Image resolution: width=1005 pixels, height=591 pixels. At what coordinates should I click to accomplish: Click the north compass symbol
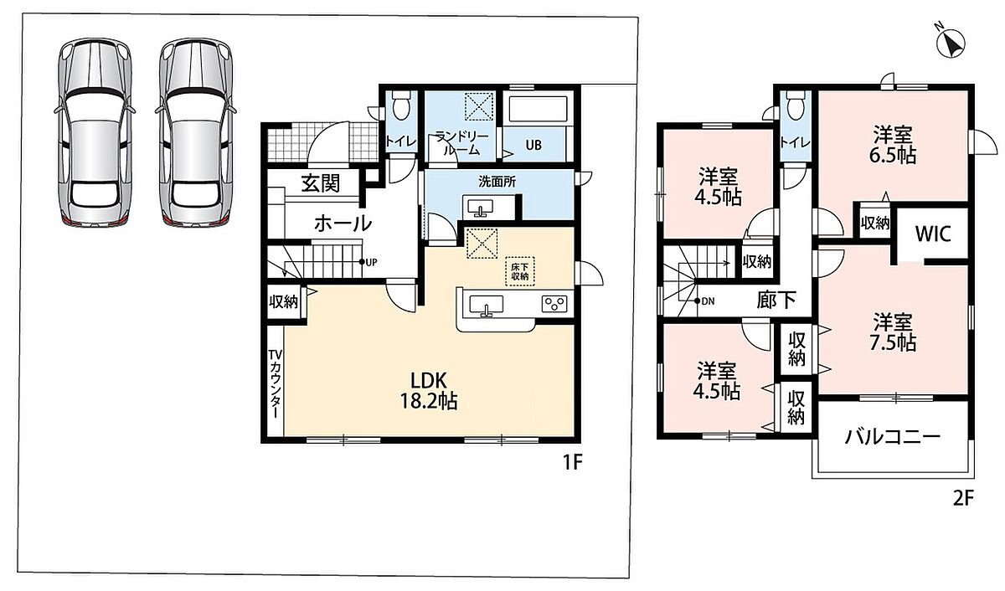950,44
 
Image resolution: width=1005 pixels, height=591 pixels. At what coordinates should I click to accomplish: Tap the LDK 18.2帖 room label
429,391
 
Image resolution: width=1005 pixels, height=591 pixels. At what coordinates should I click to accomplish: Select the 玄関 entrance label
320,183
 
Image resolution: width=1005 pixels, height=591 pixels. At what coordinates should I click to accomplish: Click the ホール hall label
343,223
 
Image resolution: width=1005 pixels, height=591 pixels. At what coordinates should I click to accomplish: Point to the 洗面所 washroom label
497,182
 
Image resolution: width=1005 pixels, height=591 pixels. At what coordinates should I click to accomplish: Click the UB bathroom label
533,146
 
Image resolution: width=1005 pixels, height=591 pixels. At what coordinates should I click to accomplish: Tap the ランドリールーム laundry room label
461,142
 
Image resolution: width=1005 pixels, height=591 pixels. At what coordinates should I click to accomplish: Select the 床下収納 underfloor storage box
520,271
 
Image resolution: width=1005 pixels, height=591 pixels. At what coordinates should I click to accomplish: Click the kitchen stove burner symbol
554,304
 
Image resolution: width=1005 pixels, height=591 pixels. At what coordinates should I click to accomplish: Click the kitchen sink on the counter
486,306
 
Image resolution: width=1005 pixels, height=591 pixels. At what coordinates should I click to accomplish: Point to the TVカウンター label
276,384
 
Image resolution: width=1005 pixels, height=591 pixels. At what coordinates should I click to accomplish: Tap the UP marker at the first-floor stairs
368,262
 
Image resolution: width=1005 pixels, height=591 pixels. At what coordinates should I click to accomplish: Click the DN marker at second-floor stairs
704,301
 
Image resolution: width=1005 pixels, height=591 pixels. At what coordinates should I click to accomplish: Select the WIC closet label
933,234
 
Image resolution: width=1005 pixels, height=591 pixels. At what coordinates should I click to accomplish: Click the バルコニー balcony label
892,436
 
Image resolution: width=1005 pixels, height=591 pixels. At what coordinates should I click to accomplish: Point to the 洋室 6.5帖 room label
893,145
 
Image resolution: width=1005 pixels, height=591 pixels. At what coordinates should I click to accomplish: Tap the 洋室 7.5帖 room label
893,331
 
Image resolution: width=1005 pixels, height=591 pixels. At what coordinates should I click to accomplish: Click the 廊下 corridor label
776,300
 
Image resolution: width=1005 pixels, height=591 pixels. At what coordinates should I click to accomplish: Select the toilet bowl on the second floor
795,105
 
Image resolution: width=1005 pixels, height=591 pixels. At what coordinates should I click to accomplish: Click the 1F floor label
573,461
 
